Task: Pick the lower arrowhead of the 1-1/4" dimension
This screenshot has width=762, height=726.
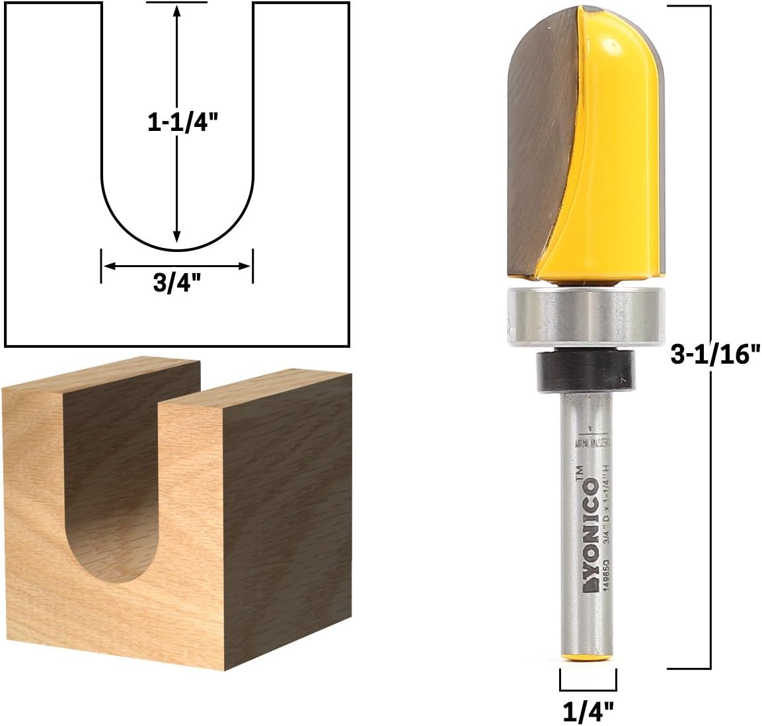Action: (176, 239)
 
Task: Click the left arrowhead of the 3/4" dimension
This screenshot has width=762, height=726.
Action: (108, 266)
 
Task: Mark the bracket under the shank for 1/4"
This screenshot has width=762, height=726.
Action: (588, 684)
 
